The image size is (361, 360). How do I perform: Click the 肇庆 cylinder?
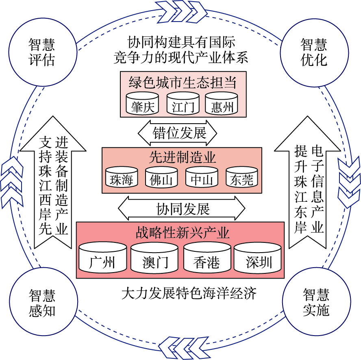point(142,103)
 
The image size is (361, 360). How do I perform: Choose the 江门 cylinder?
point(183,103)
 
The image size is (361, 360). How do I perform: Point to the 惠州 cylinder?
point(221,103)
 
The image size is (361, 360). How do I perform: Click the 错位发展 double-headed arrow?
point(178,133)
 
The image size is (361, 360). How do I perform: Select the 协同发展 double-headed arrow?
point(182,208)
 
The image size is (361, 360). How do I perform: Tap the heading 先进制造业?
point(182,157)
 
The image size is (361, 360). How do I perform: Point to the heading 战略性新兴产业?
point(183,233)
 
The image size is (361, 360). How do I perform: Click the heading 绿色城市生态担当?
point(183,82)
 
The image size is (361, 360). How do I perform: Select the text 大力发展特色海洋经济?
point(189,293)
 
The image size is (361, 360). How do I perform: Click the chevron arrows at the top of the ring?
point(181,11)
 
